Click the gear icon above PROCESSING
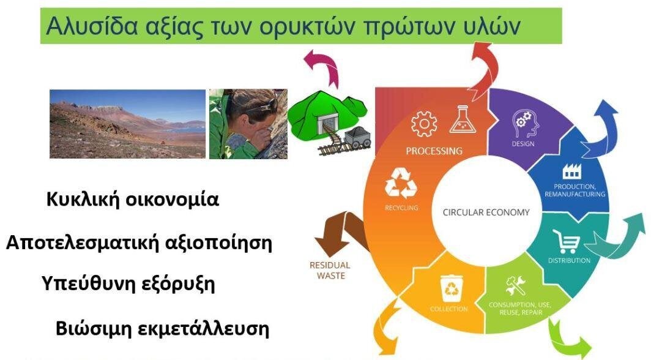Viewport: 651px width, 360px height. [x=424, y=124]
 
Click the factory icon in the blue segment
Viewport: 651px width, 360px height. [x=572, y=171]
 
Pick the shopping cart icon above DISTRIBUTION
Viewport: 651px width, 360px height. [x=567, y=241]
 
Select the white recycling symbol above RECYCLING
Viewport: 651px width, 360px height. [x=401, y=182]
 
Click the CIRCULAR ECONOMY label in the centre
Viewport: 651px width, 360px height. [x=486, y=212]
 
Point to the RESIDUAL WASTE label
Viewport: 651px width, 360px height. [x=330, y=271]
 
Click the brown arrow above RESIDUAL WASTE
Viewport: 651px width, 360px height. [x=338, y=233]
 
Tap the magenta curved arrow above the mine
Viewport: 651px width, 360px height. [x=322, y=67]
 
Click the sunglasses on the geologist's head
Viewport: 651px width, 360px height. [x=264, y=107]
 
